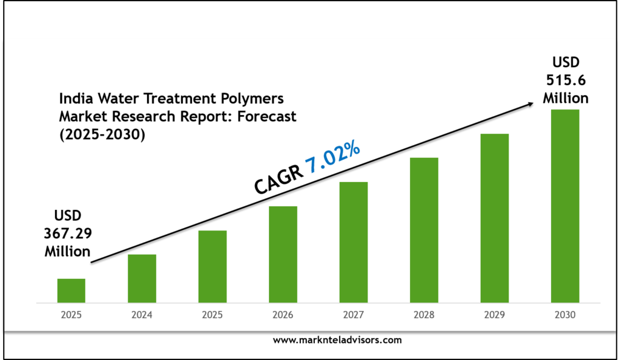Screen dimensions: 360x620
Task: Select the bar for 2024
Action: coord(142,278)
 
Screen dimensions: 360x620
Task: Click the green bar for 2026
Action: coord(283,254)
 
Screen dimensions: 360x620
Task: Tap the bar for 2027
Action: coord(353,242)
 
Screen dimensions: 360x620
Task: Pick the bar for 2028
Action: coord(424,230)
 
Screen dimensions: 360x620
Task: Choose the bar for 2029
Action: coord(494,218)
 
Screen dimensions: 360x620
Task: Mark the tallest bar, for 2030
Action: coord(565,206)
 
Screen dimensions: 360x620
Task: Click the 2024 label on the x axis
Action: coord(142,315)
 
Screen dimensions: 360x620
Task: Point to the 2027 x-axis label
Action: coord(353,315)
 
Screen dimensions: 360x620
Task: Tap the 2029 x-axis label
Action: coord(494,315)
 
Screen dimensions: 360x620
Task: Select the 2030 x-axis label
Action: coord(565,315)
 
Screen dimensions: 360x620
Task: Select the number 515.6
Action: coord(565,80)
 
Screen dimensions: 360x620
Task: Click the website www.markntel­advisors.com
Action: coord(337,340)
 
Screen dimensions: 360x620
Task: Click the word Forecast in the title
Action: coord(266,117)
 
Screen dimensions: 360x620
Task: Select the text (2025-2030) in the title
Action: coord(102,135)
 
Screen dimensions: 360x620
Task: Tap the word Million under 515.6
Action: coord(565,97)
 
